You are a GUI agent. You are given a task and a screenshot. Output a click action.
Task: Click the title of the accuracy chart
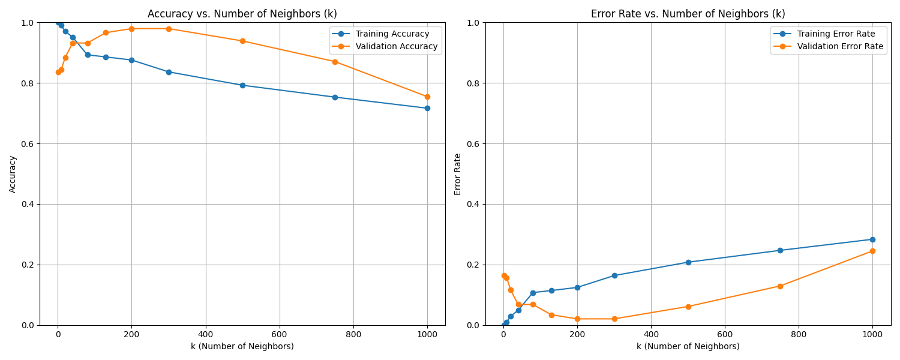(242, 14)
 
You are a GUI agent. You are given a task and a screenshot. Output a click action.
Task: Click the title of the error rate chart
(688, 14)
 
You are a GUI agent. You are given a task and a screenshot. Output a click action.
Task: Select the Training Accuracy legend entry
(392, 34)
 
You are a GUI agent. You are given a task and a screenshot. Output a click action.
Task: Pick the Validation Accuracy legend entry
(397, 46)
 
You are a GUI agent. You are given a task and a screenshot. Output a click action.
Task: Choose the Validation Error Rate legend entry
(840, 46)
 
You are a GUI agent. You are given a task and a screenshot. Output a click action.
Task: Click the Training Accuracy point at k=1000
(427, 108)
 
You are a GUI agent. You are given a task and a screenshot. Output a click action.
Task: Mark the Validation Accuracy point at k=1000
(427, 97)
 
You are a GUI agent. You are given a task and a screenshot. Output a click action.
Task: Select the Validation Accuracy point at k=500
(242, 41)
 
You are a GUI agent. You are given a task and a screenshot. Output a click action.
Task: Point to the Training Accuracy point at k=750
(335, 97)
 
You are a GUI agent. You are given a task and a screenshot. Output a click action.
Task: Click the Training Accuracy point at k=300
(169, 72)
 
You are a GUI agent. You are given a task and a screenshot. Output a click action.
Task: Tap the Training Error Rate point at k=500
(688, 262)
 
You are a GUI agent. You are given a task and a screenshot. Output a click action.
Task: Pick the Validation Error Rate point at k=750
(780, 286)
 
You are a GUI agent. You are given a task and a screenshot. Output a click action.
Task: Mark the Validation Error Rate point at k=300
(614, 319)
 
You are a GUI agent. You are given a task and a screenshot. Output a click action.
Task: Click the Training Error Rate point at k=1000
(872, 239)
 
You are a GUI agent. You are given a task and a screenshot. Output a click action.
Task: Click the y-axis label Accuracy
(13, 174)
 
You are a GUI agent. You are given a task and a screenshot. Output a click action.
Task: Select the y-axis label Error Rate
(458, 174)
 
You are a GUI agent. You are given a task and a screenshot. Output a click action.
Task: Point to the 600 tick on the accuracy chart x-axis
(280, 334)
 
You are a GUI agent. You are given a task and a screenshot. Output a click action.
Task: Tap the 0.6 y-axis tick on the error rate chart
(473, 144)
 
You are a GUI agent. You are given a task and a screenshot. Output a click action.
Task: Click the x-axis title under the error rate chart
(688, 346)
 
